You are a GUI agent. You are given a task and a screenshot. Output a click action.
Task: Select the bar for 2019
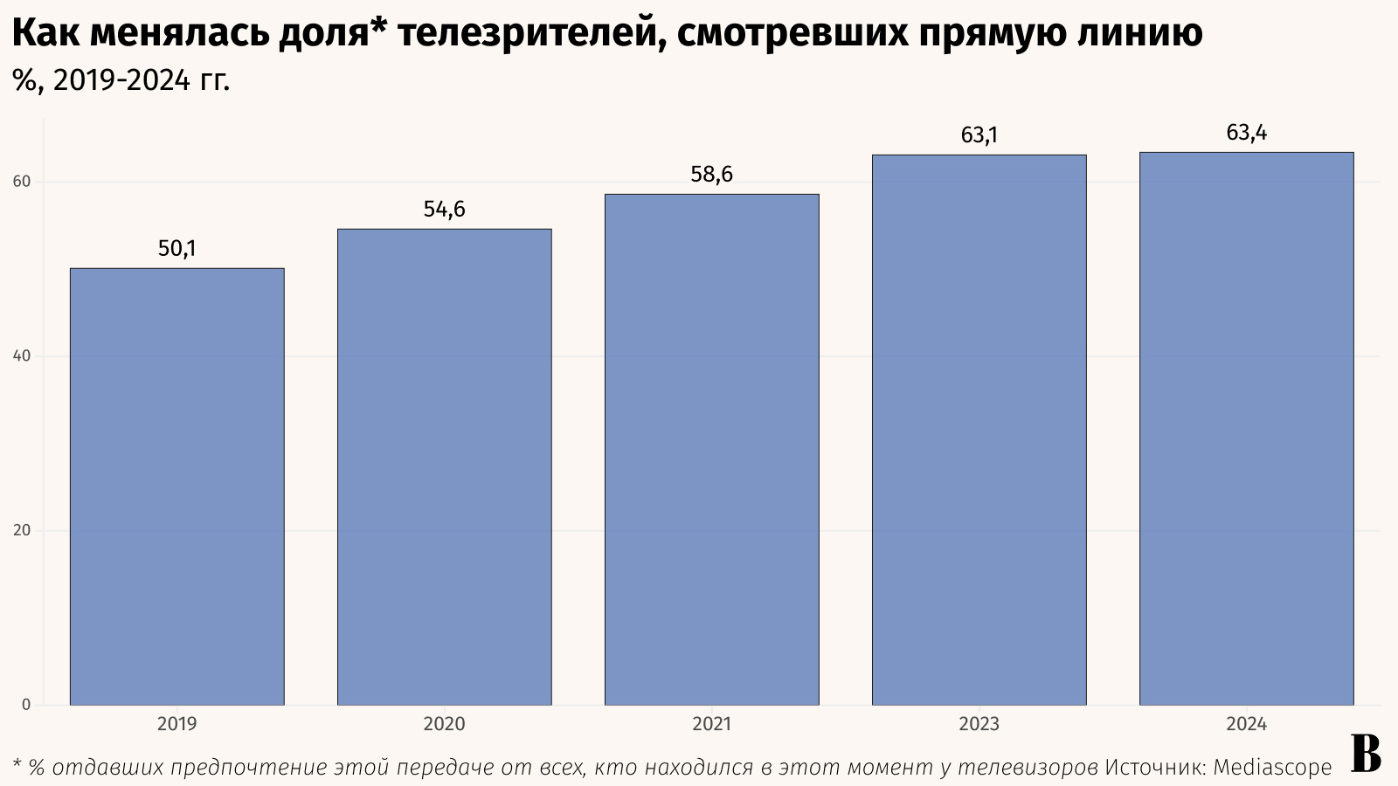[176, 486]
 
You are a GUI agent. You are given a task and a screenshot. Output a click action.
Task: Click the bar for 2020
[444, 467]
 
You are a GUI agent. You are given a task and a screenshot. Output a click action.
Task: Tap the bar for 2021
[711, 450]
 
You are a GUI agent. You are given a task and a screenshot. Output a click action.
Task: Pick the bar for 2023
[979, 430]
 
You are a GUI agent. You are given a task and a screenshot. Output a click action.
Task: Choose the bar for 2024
[1246, 429]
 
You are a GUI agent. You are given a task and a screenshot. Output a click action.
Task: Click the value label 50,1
[176, 249]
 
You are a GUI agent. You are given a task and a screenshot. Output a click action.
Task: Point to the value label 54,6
[444, 210]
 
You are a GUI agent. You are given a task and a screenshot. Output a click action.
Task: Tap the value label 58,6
[711, 175]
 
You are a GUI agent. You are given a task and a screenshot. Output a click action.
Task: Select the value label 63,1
[979, 135]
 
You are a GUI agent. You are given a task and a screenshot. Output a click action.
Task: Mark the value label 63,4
[1246, 133]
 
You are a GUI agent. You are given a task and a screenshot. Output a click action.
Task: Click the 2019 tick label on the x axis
[176, 724]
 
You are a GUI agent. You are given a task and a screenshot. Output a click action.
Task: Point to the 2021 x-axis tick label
[711, 724]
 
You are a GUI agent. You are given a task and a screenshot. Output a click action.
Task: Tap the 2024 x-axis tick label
[1246, 724]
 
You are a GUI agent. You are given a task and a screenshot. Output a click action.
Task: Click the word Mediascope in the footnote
[1272, 768]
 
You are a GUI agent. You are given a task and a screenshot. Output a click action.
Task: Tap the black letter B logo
[1366, 754]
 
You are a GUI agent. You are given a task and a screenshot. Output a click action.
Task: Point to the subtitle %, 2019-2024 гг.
[121, 80]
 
